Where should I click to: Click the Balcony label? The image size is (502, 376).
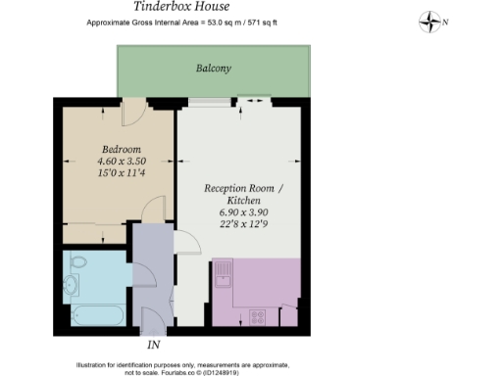pyautogui.click(x=213, y=69)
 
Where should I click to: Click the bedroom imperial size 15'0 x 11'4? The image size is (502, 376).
pyautogui.click(x=95, y=173)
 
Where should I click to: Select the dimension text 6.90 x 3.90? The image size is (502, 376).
pyautogui.click(x=240, y=211)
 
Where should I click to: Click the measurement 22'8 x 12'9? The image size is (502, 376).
pyautogui.click(x=240, y=224)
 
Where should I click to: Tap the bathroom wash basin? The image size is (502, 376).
pyautogui.click(x=71, y=285)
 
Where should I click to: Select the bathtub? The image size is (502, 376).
pyautogui.click(x=95, y=315)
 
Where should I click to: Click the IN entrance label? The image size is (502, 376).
pyautogui.click(x=153, y=345)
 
